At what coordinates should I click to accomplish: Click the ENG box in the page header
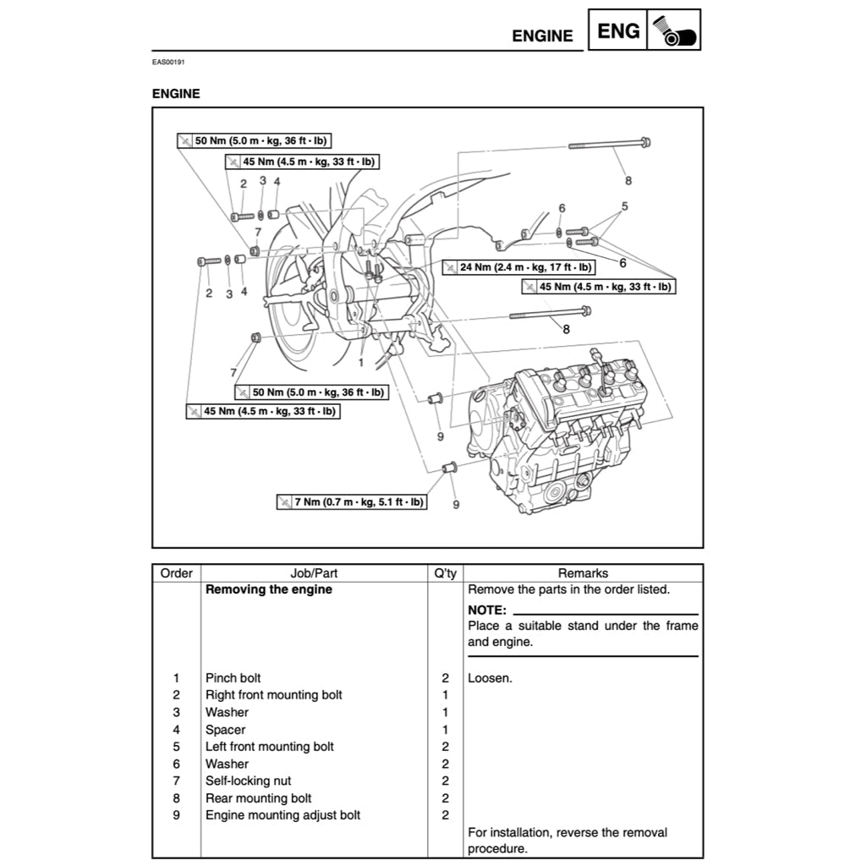[x=618, y=31]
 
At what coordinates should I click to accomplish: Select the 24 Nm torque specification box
[x=518, y=267]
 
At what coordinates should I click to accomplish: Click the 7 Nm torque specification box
[x=352, y=502]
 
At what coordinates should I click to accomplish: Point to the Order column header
[x=176, y=573]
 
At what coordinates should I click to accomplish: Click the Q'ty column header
[x=445, y=573]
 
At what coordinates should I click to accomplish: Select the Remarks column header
[x=583, y=573]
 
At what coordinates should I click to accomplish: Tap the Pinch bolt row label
[x=233, y=678]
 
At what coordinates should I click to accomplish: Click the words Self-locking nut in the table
[x=248, y=781]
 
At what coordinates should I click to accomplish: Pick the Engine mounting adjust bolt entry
[x=282, y=815]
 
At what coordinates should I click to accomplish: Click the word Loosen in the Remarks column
[x=490, y=678]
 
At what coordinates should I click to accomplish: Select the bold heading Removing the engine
[x=268, y=590]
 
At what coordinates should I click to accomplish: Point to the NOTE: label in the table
[x=486, y=610]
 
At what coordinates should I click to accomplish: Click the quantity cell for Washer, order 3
[x=445, y=713]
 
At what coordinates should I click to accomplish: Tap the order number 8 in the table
[x=176, y=798]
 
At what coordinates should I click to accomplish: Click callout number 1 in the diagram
[x=360, y=362]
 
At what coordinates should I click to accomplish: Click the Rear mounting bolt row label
[x=258, y=798]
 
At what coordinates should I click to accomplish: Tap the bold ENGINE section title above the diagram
[x=176, y=94]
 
